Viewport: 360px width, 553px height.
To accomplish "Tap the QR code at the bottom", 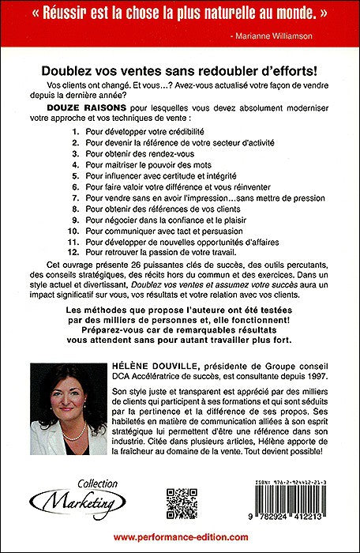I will click(x=180, y=503).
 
